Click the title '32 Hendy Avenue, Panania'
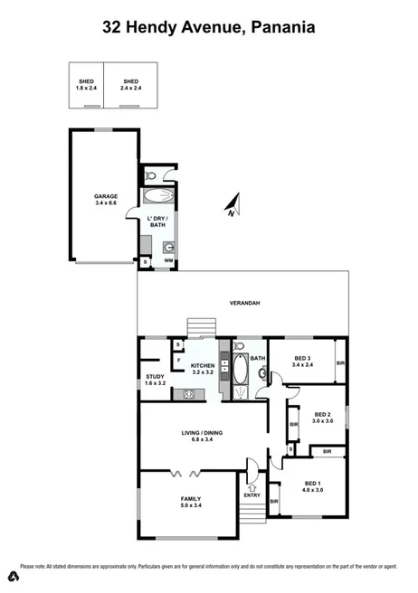point(208,28)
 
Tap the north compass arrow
point(232,207)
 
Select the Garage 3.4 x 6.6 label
point(107,200)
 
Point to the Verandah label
point(244,303)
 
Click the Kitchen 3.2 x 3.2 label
point(202,368)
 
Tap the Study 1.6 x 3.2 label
point(155,380)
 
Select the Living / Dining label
point(200,436)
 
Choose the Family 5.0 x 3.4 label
point(191,502)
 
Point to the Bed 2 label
point(323,417)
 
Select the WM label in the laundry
point(168,261)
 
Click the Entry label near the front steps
point(252,495)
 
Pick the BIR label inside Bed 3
point(340,363)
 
